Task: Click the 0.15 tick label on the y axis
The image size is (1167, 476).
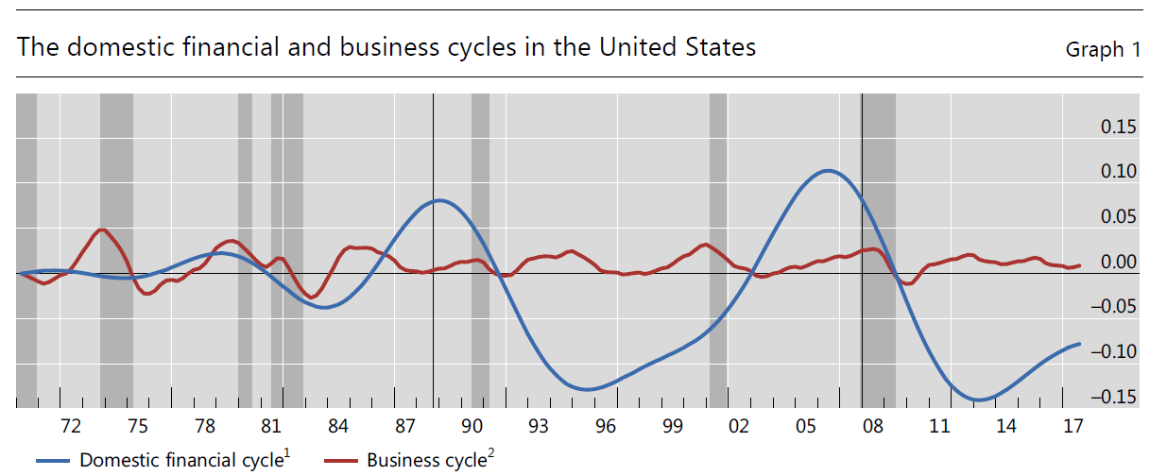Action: click(x=1119, y=127)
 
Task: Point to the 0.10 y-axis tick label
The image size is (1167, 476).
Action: click(x=1119, y=172)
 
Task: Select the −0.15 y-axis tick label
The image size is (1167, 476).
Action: click(x=1113, y=397)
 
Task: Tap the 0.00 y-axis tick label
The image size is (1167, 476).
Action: click(x=1119, y=262)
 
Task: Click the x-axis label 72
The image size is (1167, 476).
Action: click(x=71, y=426)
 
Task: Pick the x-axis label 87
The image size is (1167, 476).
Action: click(x=405, y=426)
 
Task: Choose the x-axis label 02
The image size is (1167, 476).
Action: click(x=739, y=426)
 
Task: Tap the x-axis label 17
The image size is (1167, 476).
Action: click(x=1073, y=426)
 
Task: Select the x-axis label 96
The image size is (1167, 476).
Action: click(x=606, y=426)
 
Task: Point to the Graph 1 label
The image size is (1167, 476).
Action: click(x=1103, y=49)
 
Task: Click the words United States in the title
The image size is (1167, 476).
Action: click(x=678, y=46)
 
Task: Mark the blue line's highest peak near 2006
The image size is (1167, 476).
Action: click(x=829, y=171)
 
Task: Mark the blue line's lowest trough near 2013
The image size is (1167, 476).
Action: click(x=979, y=399)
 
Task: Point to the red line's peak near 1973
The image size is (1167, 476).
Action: click(x=102, y=229)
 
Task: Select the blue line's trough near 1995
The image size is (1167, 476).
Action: click(x=587, y=389)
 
